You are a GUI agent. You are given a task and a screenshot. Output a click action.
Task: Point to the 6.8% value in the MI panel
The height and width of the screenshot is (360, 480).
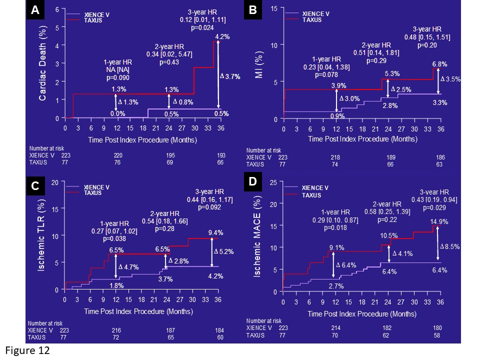(439, 64)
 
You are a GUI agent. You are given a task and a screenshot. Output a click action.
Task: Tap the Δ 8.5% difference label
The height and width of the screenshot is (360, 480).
(449, 246)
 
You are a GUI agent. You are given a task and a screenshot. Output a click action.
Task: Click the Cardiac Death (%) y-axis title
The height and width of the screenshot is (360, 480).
(43, 63)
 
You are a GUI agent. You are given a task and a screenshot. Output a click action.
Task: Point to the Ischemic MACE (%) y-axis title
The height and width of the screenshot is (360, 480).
(257, 236)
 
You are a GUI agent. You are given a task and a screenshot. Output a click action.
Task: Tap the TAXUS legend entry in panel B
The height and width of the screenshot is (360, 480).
(312, 20)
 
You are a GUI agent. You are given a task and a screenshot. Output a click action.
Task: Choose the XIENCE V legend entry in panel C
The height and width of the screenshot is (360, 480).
(96, 187)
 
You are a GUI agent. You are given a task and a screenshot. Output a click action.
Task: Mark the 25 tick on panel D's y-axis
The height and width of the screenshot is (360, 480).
(273, 183)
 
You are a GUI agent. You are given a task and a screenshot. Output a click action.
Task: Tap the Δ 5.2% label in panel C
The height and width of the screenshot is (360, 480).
(223, 252)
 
